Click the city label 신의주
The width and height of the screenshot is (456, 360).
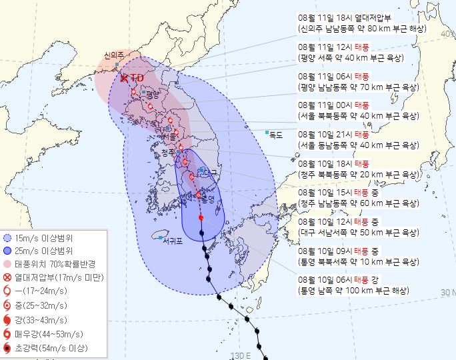[115, 56]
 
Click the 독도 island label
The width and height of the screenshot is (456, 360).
[275, 135]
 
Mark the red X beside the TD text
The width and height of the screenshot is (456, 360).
[125, 79]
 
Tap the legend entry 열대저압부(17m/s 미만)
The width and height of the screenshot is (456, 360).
[59, 277]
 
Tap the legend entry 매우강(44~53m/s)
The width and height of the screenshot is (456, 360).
[53, 335]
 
